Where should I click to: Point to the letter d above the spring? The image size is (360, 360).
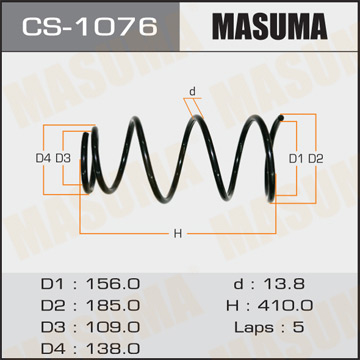191,92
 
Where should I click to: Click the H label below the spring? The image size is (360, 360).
177,234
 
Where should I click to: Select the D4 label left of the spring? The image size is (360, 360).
42,158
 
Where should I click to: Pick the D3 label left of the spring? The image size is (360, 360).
62,158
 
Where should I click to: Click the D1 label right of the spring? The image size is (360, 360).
295,158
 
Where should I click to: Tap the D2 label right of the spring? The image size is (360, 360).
315,158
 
